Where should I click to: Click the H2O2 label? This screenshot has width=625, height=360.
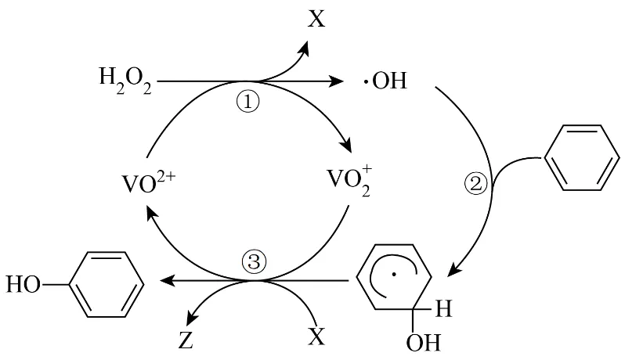click(126, 81)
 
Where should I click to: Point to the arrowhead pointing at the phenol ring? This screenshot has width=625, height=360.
click(166, 280)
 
